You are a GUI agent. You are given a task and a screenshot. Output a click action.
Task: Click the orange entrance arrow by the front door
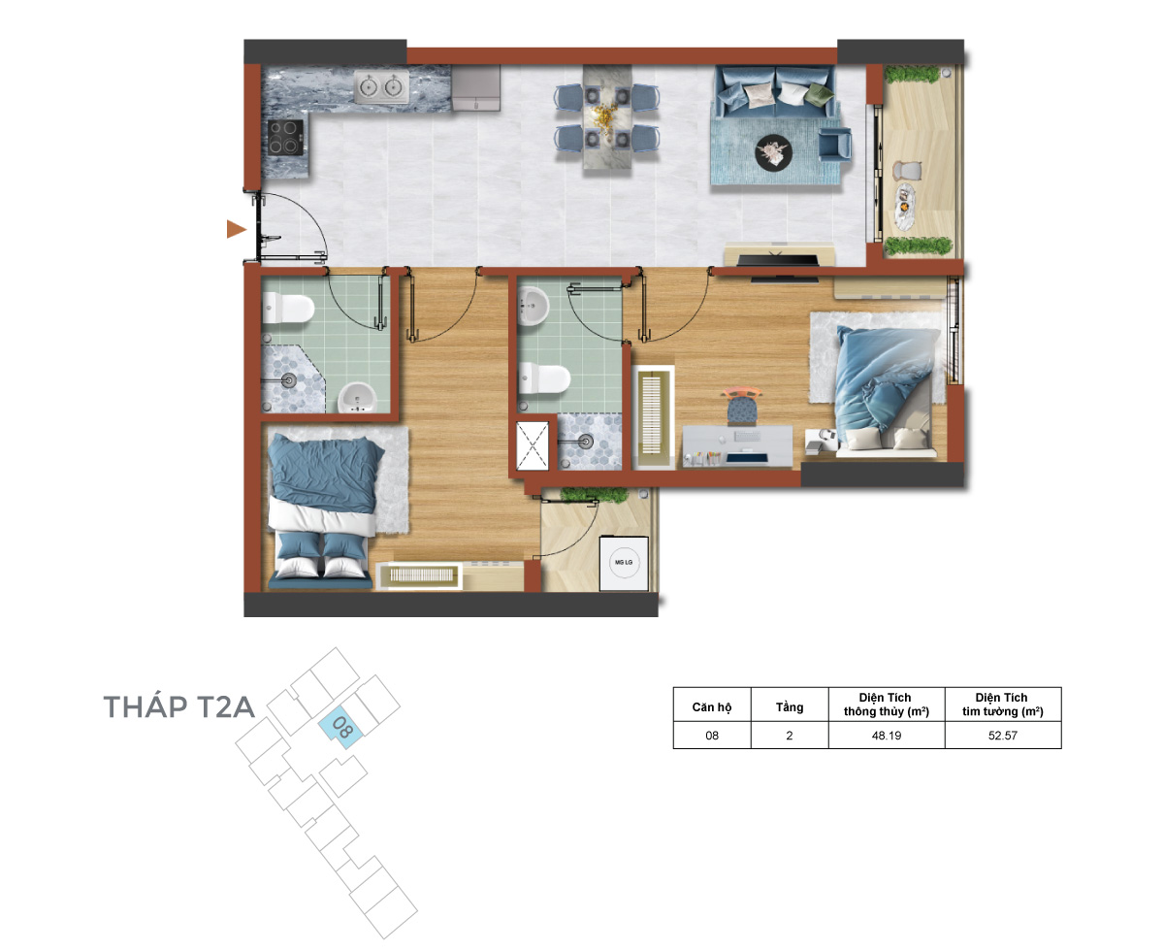coord(235,229)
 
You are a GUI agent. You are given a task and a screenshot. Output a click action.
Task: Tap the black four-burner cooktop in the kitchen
coord(285,137)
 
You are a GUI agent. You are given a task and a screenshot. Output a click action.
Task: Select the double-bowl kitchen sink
coord(380,86)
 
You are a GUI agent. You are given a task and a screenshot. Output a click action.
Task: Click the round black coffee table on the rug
coord(773,152)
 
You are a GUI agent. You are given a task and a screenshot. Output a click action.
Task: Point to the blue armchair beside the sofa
coord(834,144)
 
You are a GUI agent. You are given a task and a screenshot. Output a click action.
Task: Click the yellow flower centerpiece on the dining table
coord(606,119)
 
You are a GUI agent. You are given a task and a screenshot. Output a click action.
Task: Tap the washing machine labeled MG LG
coord(623,562)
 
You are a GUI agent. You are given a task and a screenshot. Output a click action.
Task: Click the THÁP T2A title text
coord(178,706)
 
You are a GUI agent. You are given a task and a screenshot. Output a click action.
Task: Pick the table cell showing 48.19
coord(886,735)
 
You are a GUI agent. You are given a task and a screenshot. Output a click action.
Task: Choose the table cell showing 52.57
coord(1002,735)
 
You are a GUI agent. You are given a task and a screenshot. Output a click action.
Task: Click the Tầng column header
coord(790,706)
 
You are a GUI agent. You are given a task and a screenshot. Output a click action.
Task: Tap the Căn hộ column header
coord(711,706)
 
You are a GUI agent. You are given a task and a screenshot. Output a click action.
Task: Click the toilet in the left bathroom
coord(287,308)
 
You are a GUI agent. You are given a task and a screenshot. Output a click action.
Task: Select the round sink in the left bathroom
coord(357,397)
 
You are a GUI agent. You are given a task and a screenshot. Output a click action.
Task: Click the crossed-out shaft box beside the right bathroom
coord(533,445)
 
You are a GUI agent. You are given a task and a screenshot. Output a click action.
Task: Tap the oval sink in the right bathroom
coord(533,306)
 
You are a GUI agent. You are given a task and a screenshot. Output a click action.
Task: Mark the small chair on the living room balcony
coord(907,169)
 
